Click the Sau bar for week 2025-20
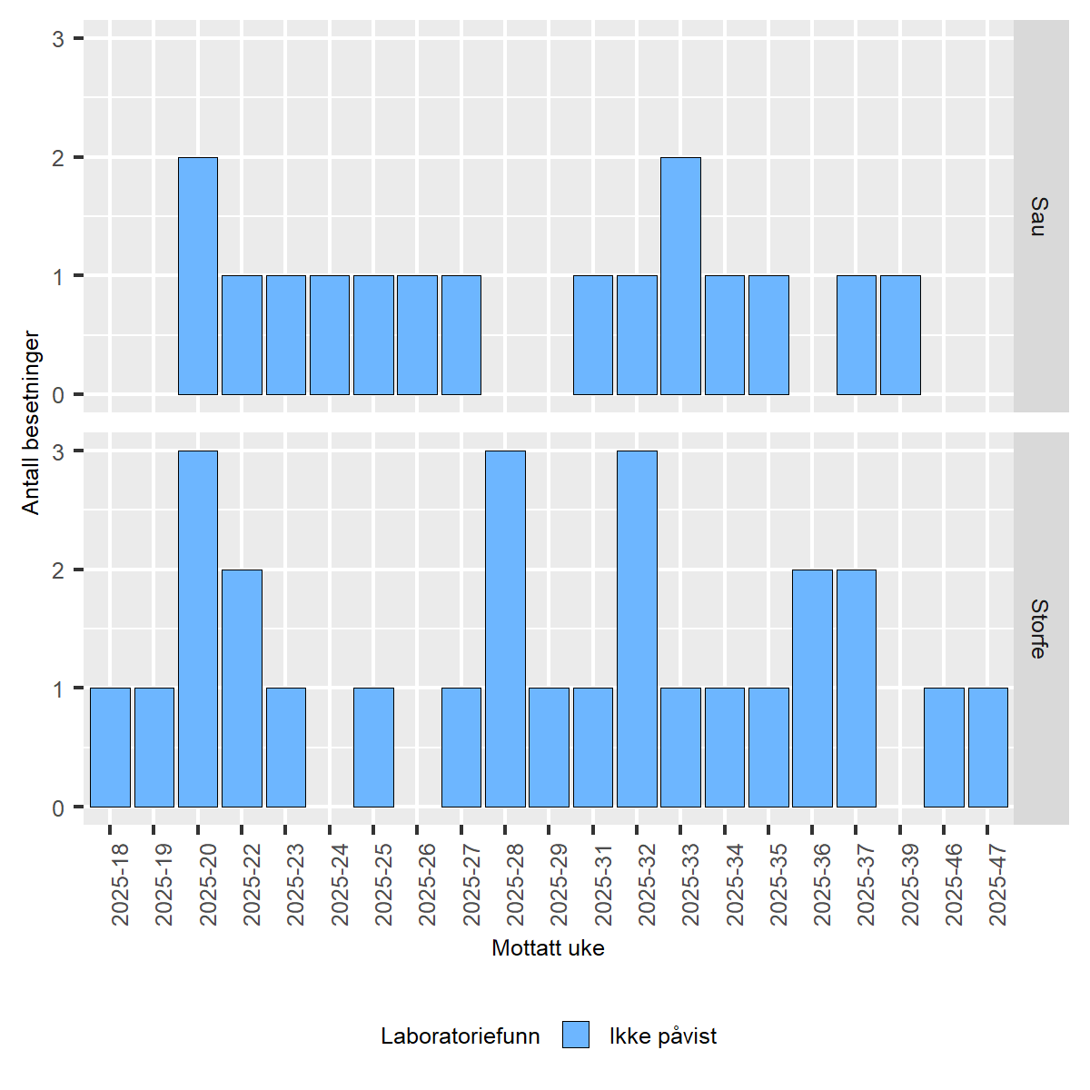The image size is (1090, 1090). click(198, 276)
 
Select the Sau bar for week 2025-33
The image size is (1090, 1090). click(680, 276)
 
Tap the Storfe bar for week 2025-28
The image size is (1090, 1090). click(505, 629)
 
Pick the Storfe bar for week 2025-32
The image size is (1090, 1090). click(637, 629)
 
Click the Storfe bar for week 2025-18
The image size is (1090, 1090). click(110, 748)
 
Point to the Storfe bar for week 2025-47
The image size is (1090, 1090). click(988, 748)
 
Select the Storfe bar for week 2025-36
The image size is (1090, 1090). click(812, 689)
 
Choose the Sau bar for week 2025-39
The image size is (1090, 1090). click(900, 335)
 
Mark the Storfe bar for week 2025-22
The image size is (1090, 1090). click(242, 689)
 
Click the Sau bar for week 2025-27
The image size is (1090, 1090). click(461, 335)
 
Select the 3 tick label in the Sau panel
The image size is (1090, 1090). click(58, 39)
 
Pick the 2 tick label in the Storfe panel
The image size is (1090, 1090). click(58, 570)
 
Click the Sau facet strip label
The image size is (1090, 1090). click(1039, 216)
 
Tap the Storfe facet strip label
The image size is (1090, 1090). click(1039, 629)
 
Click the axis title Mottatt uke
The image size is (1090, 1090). click(548, 948)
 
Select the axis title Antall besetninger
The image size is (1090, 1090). click(32, 422)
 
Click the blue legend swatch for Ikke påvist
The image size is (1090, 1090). click(576, 1035)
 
